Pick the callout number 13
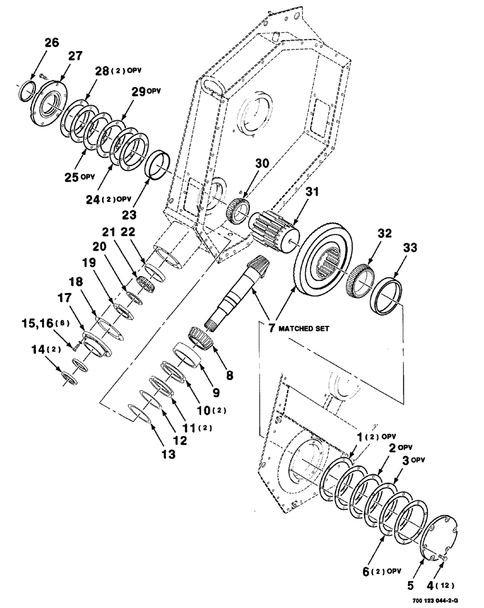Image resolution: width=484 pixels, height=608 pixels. [168, 454]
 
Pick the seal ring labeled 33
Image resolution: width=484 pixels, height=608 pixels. [387, 296]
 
